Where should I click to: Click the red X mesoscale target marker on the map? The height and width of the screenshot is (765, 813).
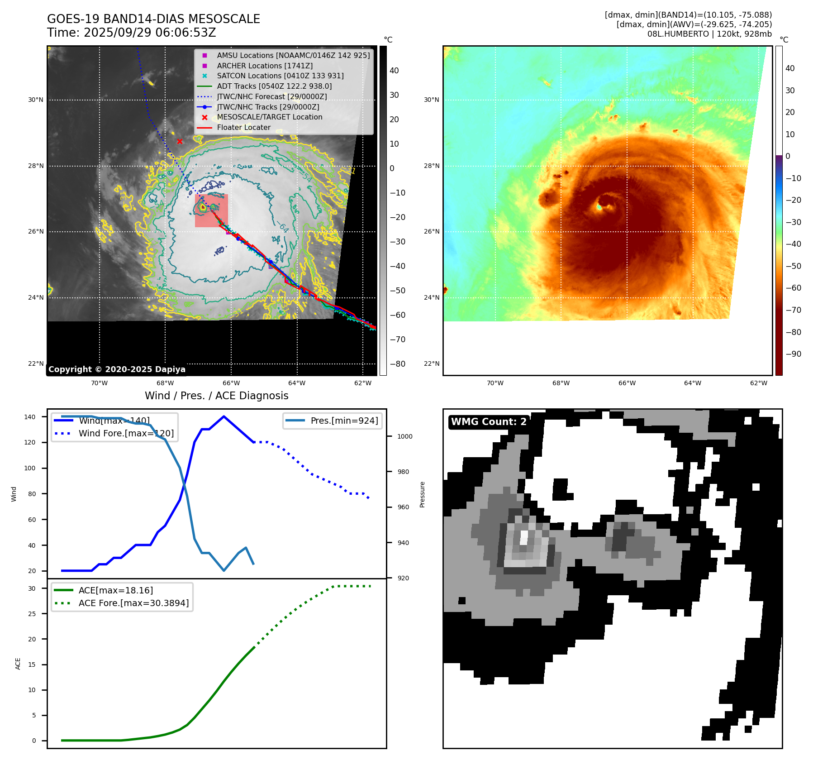click(180, 142)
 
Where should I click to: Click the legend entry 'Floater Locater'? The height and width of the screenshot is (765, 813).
click(243, 128)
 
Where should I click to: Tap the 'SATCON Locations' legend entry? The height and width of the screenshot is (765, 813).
click(280, 76)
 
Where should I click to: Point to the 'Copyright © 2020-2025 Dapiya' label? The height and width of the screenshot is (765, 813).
click(117, 369)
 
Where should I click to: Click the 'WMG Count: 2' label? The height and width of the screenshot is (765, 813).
click(489, 422)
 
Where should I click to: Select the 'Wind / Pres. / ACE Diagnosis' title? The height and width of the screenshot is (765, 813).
click(216, 396)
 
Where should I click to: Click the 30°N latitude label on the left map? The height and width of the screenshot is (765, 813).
click(36, 100)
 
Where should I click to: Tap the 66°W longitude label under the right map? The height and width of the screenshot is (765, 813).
click(627, 383)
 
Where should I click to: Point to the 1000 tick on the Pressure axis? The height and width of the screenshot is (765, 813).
click(404, 436)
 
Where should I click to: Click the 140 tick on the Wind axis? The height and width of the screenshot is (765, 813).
click(30, 417)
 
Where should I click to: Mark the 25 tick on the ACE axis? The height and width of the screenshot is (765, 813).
click(32, 614)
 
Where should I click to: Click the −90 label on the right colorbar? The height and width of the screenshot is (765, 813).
click(793, 354)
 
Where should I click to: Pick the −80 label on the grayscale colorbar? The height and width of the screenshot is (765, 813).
click(397, 364)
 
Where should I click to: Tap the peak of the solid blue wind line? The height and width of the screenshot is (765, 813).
click(224, 416)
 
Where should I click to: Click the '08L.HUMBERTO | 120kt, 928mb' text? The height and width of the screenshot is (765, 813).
click(709, 34)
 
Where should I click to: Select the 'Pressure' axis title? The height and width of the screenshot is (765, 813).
click(422, 494)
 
